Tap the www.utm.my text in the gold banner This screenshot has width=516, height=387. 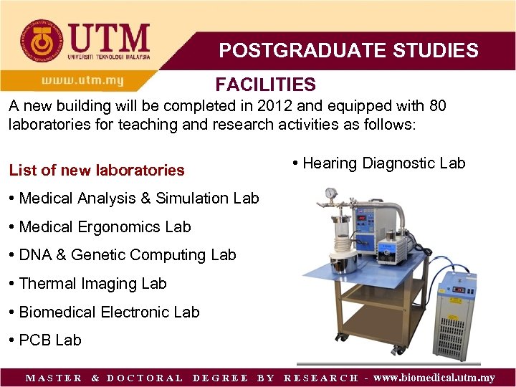click(82, 80)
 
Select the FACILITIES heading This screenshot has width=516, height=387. click(265, 85)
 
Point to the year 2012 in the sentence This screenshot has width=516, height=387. click(276, 106)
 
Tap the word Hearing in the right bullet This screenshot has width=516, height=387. click(330, 163)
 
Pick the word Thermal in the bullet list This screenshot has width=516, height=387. click(45, 283)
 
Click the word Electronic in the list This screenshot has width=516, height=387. click(133, 312)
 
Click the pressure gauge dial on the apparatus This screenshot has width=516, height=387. click(331, 193)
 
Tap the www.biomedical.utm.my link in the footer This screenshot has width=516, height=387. click(434, 378)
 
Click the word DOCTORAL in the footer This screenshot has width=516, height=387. click(145, 378)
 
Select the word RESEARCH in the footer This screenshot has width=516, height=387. click(321, 378)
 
